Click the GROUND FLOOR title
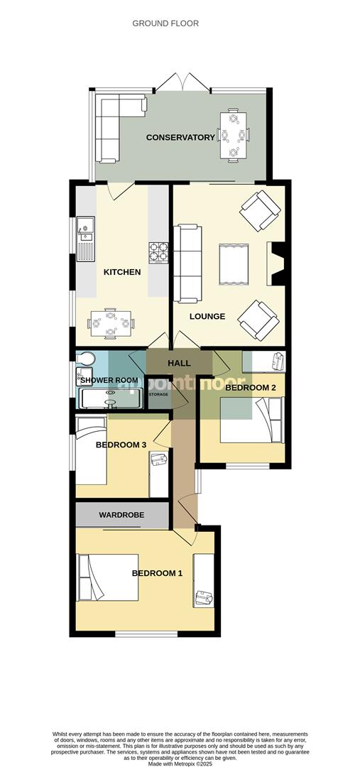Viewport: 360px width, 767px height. pyautogui.click(x=165, y=23)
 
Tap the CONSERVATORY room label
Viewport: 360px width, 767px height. pyautogui.click(x=180, y=137)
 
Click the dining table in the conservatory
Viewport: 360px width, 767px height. pyautogui.click(x=232, y=135)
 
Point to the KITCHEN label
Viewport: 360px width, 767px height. pyautogui.click(x=122, y=272)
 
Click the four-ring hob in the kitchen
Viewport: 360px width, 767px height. pyautogui.click(x=158, y=252)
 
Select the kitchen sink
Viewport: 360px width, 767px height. pyautogui.click(x=86, y=229)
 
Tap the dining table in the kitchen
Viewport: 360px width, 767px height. pyautogui.click(x=111, y=324)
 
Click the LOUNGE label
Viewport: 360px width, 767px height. pyautogui.click(x=207, y=316)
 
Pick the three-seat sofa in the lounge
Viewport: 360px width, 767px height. pyautogui.click(x=187, y=263)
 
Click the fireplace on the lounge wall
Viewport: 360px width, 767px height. pyautogui.click(x=276, y=263)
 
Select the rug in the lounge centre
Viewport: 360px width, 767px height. pyautogui.click(x=233, y=263)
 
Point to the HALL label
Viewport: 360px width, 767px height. pyautogui.click(x=179, y=364)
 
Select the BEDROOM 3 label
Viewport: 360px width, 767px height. pyautogui.click(x=121, y=445)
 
